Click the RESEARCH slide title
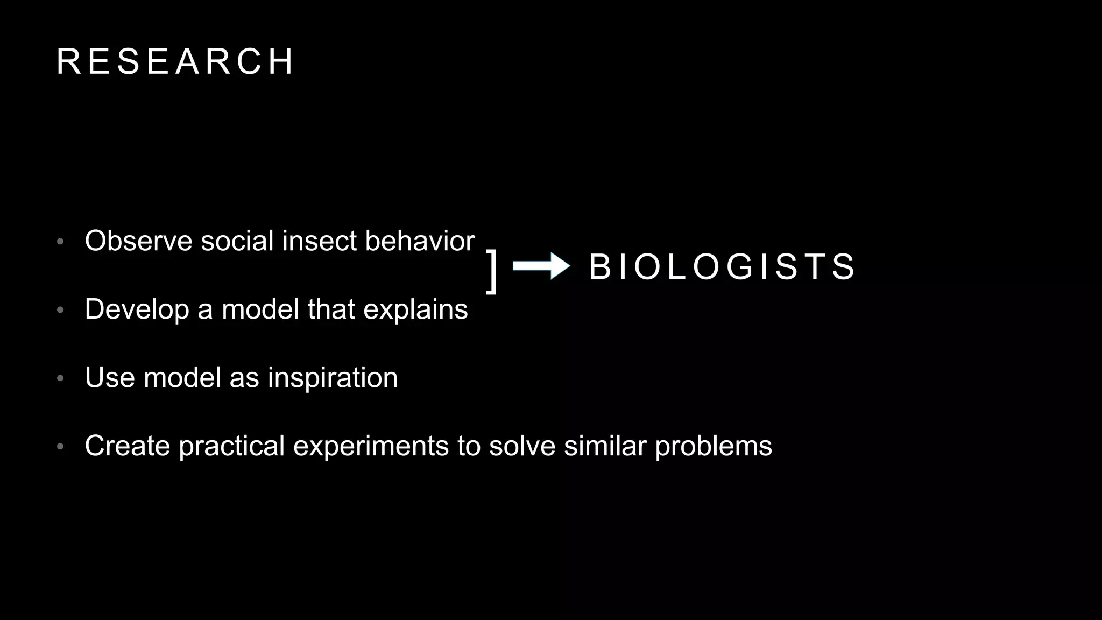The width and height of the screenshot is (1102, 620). click(175, 61)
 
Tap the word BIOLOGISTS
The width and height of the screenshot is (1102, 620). click(722, 267)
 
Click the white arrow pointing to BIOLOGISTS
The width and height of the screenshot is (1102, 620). click(541, 266)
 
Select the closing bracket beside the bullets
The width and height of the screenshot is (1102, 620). click(492, 271)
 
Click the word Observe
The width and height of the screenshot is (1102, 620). click(138, 241)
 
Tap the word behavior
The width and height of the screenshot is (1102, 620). click(420, 241)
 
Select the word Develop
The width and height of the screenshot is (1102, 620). click(137, 309)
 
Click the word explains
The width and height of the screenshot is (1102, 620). click(415, 309)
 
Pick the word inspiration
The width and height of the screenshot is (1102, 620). click(333, 378)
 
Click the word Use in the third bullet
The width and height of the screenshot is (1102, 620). click(110, 378)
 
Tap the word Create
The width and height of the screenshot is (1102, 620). click(128, 446)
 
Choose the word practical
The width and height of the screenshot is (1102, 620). click(231, 446)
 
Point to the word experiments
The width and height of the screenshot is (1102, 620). click(371, 446)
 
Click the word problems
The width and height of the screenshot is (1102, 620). click(713, 446)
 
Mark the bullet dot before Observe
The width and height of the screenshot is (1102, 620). click(60, 241)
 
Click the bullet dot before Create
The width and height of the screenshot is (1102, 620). click(60, 447)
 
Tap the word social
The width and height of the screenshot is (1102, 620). click(237, 241)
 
